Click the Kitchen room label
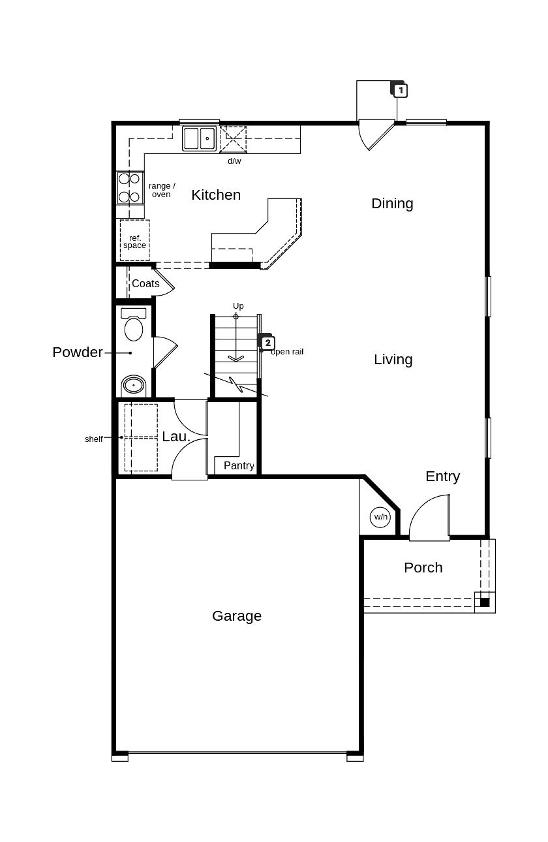point(215,195)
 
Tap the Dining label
point(391,204)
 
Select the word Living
point(393,360)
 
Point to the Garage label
point(237,616)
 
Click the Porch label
point(423,567)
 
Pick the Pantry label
point(239,466)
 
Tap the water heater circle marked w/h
point(380,517)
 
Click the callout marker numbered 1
point(400,90)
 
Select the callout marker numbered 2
point(267,343)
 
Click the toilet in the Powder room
point(133,324)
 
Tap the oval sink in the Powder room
point(133,385)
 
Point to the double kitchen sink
point(200,138)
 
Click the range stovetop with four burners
point(130,187)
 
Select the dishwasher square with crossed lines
point(234,140)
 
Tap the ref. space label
point(134,242)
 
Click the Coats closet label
point(145,283)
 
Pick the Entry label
point(442,476)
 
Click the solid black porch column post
point(485,602)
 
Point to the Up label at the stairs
point(238,306)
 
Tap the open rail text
point(287,352)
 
